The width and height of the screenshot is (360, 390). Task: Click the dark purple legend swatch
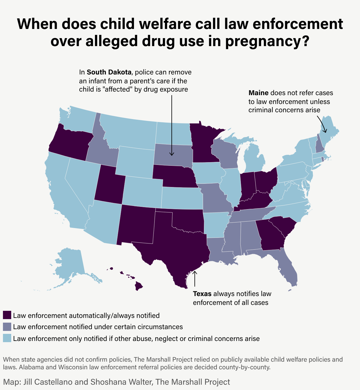pyautogui.click(x=7, y=315)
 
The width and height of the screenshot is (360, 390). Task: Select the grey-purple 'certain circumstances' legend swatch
pyautogui.click(x=7, y=326)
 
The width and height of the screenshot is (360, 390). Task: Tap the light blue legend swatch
pyautogui.click(x=7, y=338)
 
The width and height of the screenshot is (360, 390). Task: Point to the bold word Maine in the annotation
pyautogui.click(x=258, y=93)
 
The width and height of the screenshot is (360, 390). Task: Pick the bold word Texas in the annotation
pyautogui.click(x=202, y=294)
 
